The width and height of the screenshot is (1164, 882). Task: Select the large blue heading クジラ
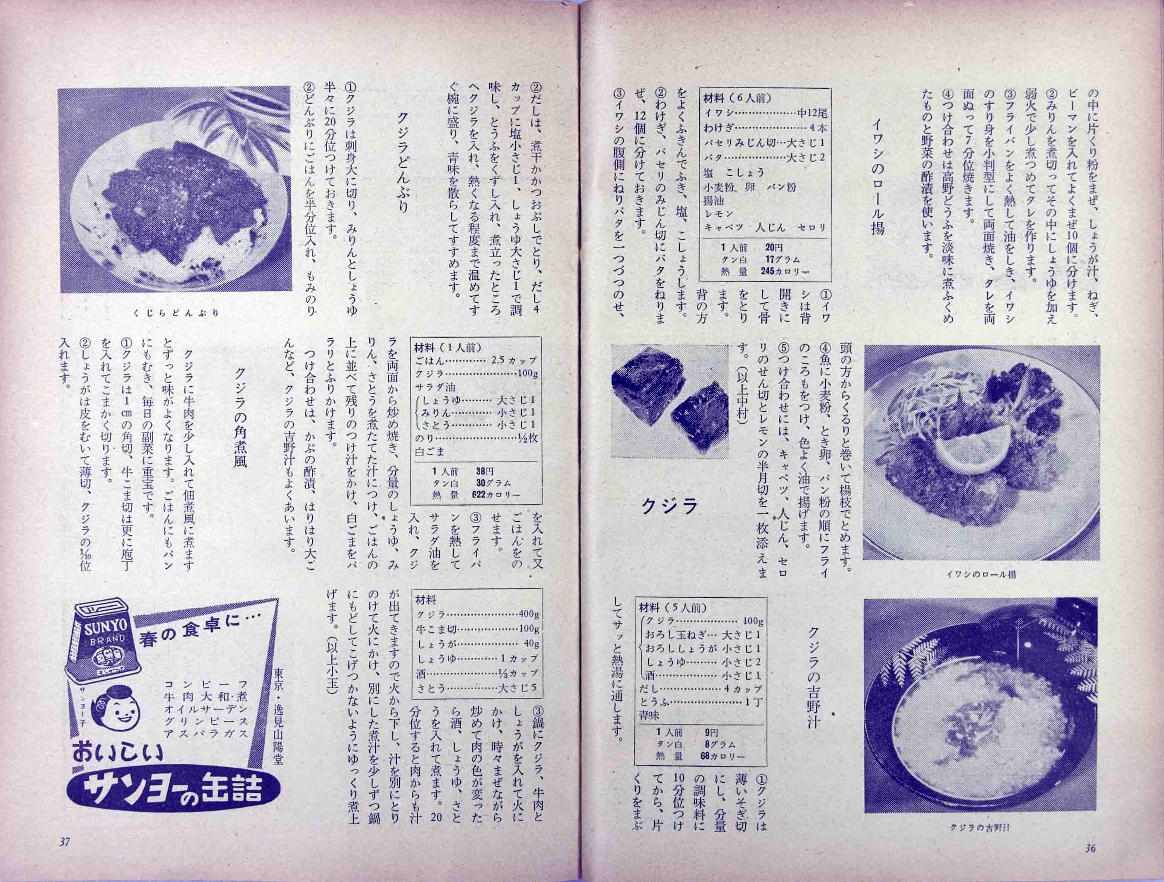[669, 506]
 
